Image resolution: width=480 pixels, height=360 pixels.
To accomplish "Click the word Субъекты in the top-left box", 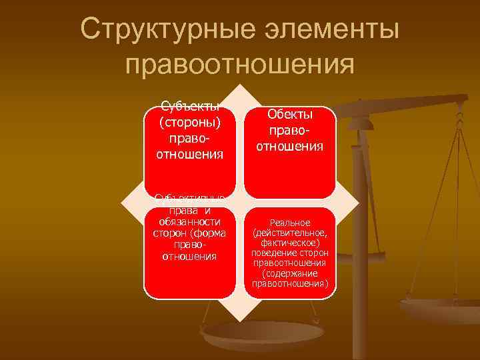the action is pos(190,109).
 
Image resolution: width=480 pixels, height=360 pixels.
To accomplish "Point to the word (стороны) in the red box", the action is pos(189,123).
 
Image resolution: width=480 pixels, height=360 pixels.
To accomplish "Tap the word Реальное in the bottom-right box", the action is pos(289,222).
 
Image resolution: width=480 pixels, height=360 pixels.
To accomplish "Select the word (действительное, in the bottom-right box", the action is pos(289,233).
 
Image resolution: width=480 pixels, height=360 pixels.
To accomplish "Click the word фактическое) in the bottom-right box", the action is pos(289,243).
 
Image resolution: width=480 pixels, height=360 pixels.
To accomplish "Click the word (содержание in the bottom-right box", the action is pos(289,273).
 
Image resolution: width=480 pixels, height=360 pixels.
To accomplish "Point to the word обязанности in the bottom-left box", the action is pos(189,221).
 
